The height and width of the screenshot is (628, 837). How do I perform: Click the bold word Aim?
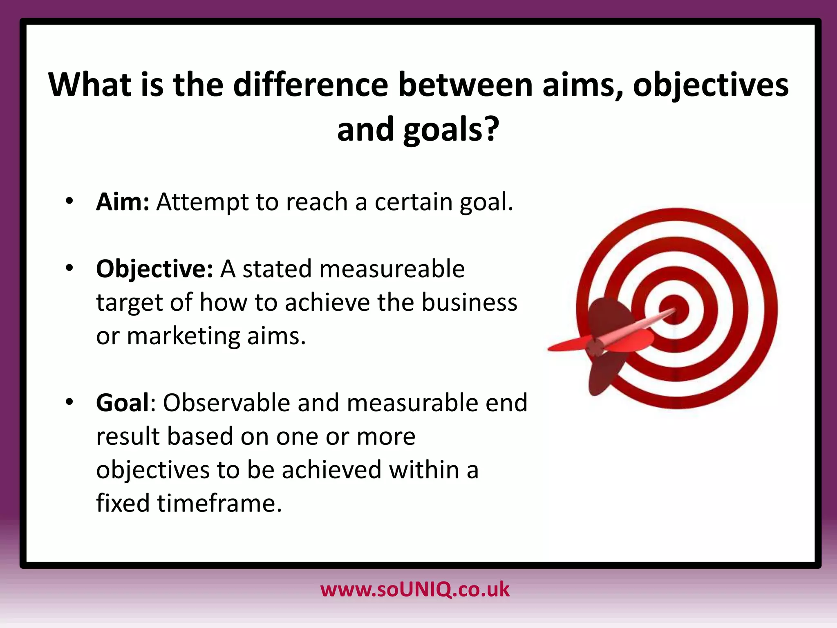point(123,202)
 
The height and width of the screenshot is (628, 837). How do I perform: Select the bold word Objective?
point(154,269)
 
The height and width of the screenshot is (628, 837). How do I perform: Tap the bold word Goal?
point(123,403)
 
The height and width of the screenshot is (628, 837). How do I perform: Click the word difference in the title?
point(311,85)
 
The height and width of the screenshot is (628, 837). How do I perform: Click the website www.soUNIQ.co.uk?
point(415,590)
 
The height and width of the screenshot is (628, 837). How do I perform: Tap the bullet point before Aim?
point(69,201)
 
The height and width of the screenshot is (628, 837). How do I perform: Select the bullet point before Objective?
point(69,268)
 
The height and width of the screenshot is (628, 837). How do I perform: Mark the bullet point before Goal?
point(69,402)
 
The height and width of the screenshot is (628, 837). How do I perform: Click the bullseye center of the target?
point(676,309)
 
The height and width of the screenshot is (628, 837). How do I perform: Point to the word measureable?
point(392,269)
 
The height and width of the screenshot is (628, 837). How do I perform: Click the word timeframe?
point(219,503)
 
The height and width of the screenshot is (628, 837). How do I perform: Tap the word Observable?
point(226,403)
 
